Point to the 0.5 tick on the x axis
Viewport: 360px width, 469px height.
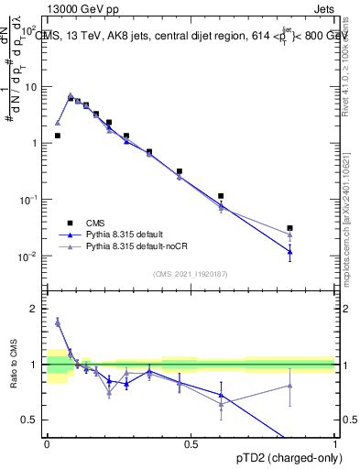[191, 443]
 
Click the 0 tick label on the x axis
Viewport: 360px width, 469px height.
[47, 443]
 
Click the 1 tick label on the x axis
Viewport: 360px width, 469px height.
[336, 443]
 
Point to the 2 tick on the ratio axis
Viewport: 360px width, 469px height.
[38, 309]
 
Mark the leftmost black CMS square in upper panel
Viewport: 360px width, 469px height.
[58, 136]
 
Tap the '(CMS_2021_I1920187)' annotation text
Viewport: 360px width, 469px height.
[191, 273]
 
